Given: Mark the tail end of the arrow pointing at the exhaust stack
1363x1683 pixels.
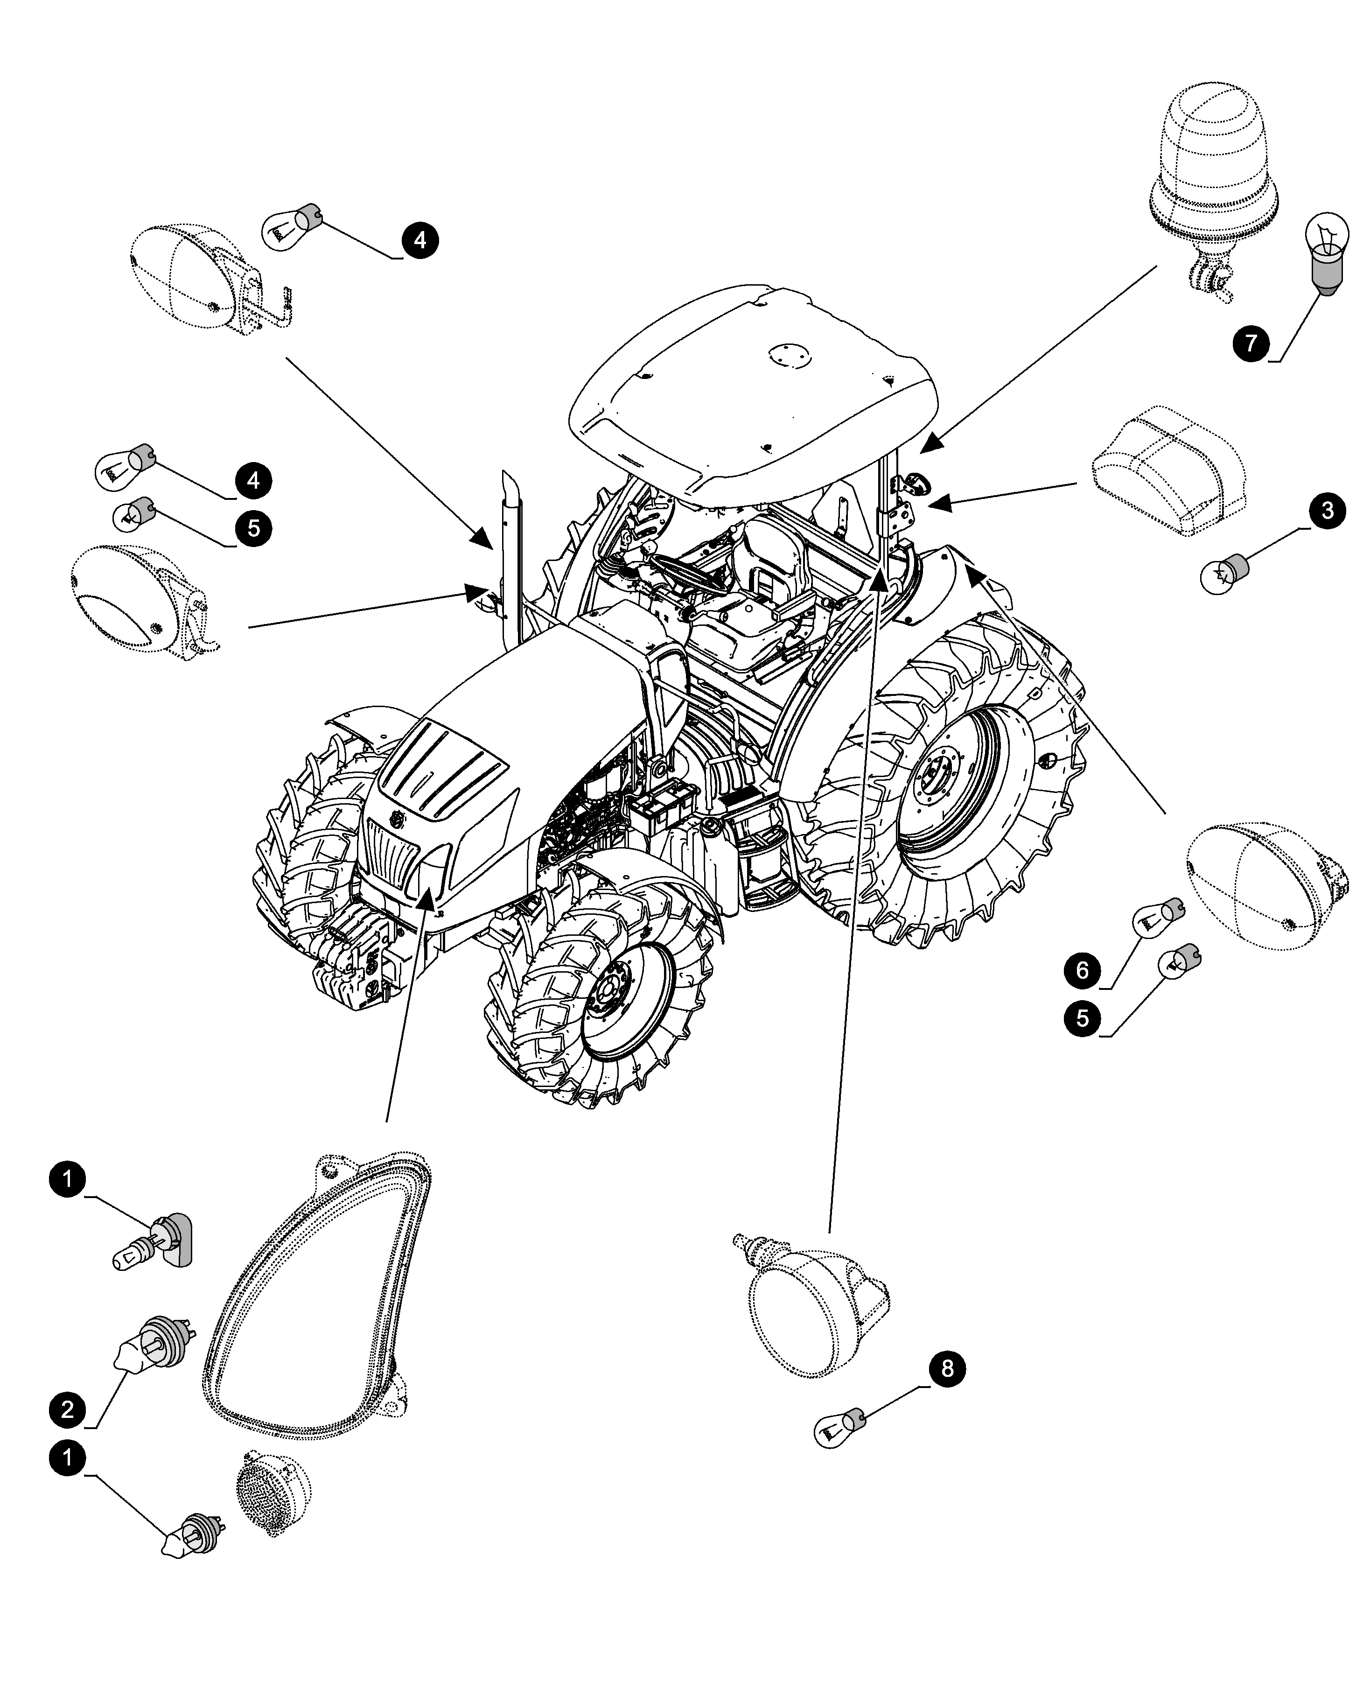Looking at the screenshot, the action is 286,358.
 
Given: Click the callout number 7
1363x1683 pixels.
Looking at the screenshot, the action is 1251,343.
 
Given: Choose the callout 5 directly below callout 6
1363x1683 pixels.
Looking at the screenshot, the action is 1083,1018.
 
